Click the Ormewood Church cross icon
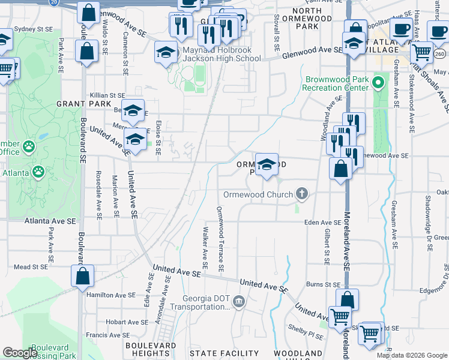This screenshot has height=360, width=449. [x=301, y=194]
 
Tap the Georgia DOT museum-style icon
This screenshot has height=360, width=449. [x=239, y=301]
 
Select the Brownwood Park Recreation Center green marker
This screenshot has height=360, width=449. [x=378, y=82]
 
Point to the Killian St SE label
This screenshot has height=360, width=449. [x=107, y=95]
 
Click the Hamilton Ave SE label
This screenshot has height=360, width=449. [x=111, y=295]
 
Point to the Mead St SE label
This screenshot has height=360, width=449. [x=30, y=266]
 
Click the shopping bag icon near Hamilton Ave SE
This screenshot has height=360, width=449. [x=83, y=276]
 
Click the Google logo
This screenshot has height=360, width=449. [x=20, y=353]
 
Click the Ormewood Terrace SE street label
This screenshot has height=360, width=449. [x=220, y=238]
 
